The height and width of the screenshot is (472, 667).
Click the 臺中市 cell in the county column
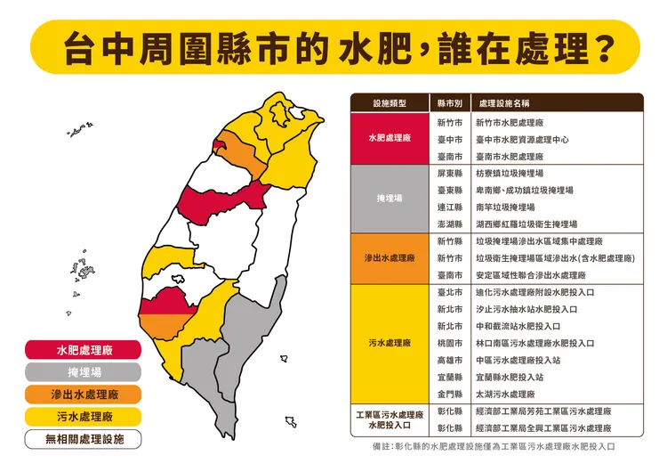[449, 139]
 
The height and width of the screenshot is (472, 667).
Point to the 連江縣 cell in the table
[449, 207]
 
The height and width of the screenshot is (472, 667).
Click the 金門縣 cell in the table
[449, 394]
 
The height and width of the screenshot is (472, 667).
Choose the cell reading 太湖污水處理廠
[505, 394]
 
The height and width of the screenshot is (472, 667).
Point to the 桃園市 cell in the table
[449, 343]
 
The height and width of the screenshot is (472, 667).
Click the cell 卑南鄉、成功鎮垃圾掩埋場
[525, 190]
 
